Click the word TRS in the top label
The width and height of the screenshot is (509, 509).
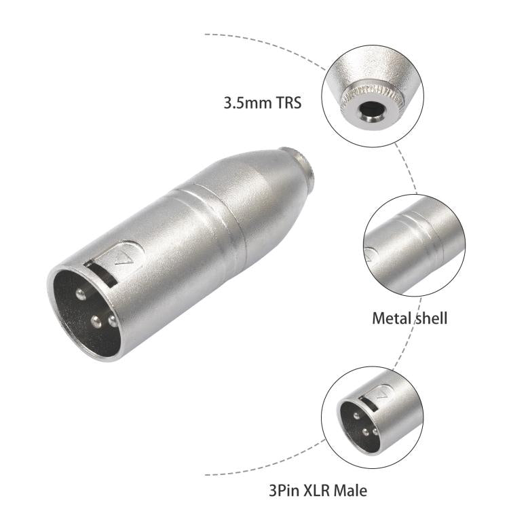pyautogui.click(x=286, y=104)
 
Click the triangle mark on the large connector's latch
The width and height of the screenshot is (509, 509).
pyautogui.click(x=121, y=257)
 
